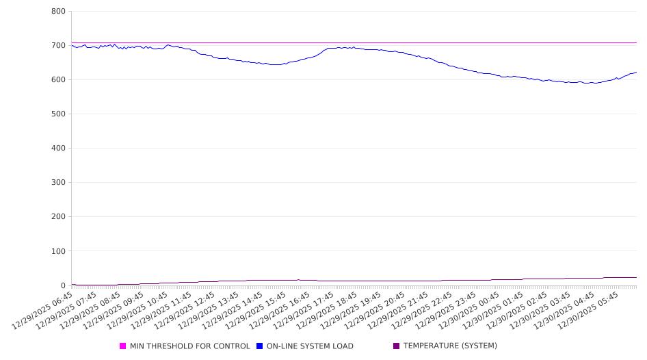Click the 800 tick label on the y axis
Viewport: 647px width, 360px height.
(58, 12)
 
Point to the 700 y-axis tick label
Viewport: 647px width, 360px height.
(58, 46)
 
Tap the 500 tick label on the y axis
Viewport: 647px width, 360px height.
(58, 114)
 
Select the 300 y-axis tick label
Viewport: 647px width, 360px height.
(58, 183)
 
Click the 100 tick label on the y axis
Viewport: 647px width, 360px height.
(58, 251)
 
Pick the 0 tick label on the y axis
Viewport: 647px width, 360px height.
(62, 285)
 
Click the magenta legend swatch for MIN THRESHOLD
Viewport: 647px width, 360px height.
(123, 346)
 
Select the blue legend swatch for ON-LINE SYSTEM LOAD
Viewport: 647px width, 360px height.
(260, 346)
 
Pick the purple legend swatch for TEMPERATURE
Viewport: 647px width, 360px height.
(397, 346)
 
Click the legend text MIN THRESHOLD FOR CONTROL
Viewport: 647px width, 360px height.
(190, 346)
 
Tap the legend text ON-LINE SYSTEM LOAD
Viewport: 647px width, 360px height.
(310, 346)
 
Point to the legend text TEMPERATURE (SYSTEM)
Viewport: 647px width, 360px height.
(450, 346)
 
